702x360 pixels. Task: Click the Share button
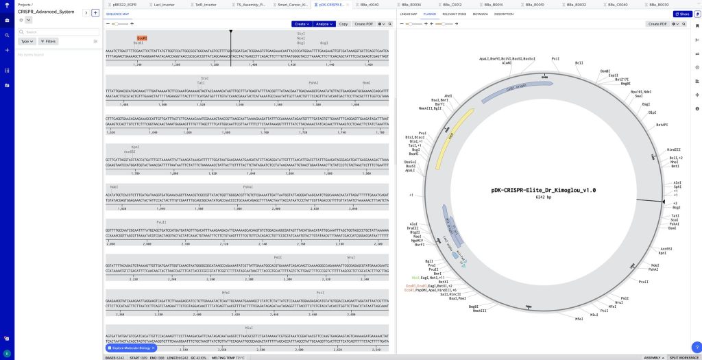click(681, 14)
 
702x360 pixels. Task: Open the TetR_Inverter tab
click(205, 4)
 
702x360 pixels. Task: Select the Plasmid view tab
click(430, 14)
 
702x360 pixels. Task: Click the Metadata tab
click(481, 14)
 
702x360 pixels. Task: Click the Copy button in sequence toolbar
click(343, 24)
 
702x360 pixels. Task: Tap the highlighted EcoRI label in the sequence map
click(142, 38)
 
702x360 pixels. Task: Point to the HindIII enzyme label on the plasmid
click(675, 150)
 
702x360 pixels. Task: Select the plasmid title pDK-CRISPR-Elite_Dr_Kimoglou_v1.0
click(544, 190)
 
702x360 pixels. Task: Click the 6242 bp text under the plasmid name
click(544, 197)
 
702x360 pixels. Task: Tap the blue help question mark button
click(697, 347)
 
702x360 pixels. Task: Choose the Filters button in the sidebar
click(48, 41)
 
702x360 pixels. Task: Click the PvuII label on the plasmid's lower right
click(643, 282)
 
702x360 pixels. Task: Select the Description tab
click(503, 14)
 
